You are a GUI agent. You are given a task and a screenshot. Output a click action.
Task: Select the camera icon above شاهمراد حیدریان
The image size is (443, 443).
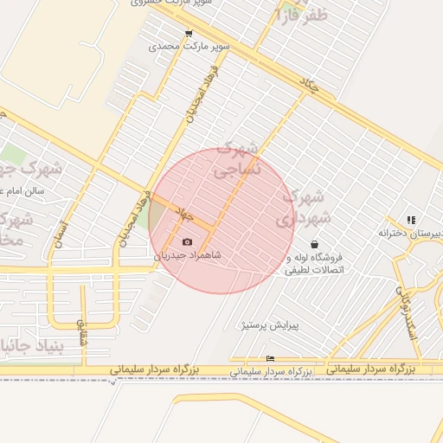point(188,242)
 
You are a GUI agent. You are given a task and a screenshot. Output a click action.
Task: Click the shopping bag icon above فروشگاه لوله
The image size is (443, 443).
point(312,244)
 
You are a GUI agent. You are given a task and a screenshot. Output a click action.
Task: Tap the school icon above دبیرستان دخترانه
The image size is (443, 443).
point(410,221)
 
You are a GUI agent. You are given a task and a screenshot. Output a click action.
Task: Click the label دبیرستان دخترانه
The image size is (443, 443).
point(412,233)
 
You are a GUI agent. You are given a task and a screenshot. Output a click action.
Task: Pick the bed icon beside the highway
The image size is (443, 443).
point(271,358)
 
